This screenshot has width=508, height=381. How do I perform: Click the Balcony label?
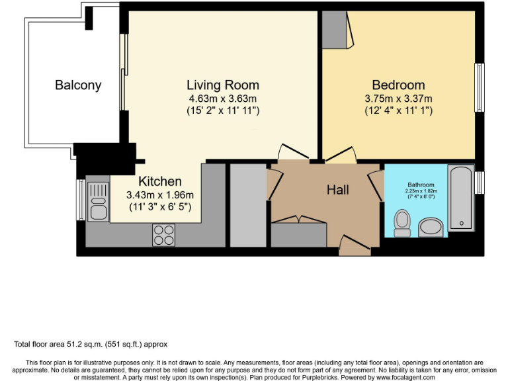[78, 85]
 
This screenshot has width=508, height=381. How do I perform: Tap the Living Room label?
[222, 85]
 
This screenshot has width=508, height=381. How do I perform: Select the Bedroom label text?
[398, 85]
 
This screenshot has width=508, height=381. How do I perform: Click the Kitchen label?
[159, 181]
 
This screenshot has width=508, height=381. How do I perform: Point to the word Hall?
[337, 190]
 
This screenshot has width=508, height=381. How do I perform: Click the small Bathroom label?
[421, 185]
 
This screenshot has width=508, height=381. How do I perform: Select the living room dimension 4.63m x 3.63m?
[222, 99]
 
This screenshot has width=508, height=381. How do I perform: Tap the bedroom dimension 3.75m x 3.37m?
[398, 99]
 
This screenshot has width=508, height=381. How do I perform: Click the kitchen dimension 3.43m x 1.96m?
[159, 194]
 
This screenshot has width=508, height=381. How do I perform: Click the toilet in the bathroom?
[402, 223]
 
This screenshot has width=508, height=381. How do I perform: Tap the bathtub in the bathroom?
[461, 198]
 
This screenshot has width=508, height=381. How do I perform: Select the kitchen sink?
[98, 202]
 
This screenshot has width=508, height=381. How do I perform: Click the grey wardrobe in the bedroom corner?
[335, 30]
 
